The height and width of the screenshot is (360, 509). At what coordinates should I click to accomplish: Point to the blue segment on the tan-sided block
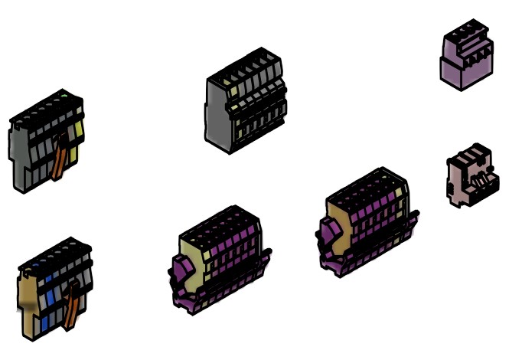coord(51,299)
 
